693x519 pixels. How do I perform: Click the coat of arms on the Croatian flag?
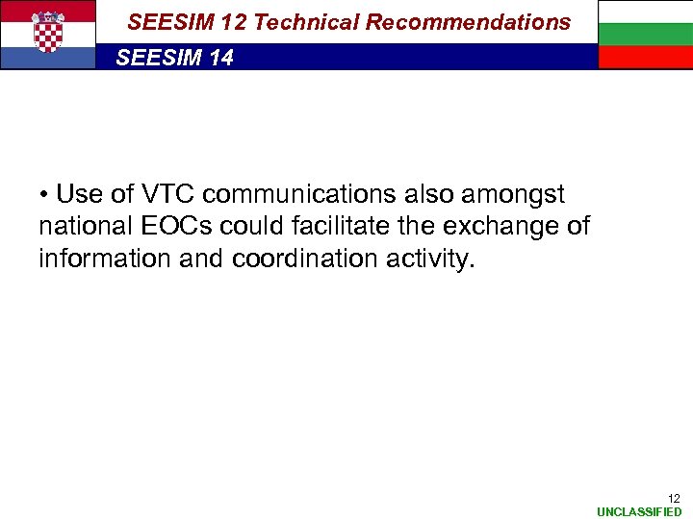click(x=47, y=33)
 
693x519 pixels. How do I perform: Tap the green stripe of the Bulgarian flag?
click(x=645, y=35)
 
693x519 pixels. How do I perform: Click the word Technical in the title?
click(x=304, y=22)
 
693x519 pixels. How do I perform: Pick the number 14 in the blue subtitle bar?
click(x=220, y=59)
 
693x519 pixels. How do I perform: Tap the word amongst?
click(x=513, y=195)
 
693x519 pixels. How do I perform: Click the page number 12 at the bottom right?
click(x=674, y=498)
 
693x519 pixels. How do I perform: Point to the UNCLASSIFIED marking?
click(x=639, y=512)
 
